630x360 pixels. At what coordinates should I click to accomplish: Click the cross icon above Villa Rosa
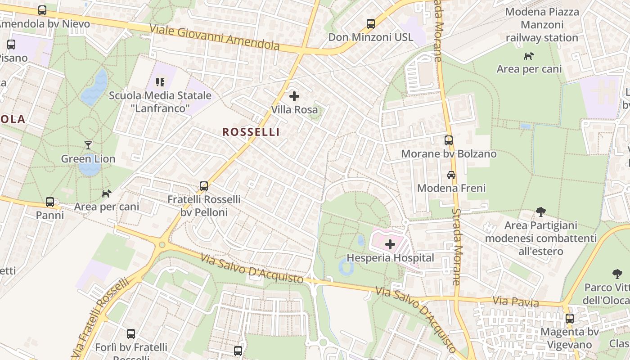294,96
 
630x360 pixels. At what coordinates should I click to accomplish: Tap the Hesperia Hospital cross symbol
390,244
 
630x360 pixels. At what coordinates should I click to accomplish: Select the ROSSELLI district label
251,132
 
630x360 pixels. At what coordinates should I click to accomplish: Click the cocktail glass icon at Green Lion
88,145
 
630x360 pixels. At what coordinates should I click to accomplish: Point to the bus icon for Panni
50,202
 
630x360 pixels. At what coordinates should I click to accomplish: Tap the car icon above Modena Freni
451,175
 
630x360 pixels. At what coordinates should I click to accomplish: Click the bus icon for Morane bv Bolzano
449,140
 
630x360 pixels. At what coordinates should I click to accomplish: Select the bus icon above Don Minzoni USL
371,23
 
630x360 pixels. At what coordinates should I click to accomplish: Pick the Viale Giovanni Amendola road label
214,37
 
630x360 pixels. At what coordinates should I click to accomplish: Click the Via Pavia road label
515,301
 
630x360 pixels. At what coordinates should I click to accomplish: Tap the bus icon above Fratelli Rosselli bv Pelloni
204,186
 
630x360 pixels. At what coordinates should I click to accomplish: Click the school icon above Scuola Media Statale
160,82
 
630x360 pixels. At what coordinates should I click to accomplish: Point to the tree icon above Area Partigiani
541,211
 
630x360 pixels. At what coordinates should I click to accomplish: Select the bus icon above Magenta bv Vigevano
570,319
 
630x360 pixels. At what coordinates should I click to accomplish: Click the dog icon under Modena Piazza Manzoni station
529,56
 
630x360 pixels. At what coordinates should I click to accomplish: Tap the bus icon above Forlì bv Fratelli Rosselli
131,334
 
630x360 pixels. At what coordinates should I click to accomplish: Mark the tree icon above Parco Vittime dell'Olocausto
617,274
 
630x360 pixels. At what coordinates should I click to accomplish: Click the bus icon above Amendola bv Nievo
42,10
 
